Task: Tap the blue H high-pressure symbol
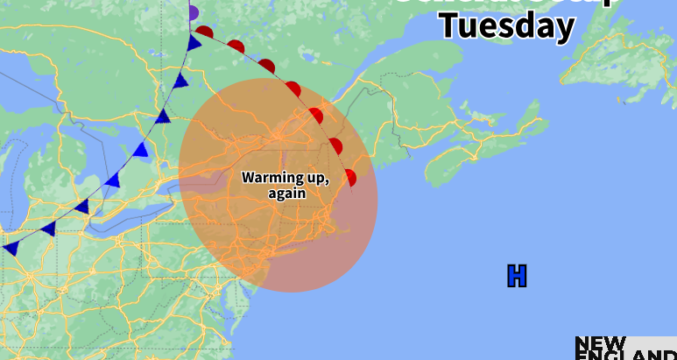tap(517, 276)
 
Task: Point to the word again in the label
tap(286, 193)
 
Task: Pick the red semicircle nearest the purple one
tap(205, 32)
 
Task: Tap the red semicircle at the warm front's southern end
tap(351, 178)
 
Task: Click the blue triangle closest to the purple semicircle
tap(194, 43)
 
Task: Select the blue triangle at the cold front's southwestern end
tap(11, 248)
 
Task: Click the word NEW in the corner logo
tap(600, 342)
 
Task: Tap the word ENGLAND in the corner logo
tap(625, 355)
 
